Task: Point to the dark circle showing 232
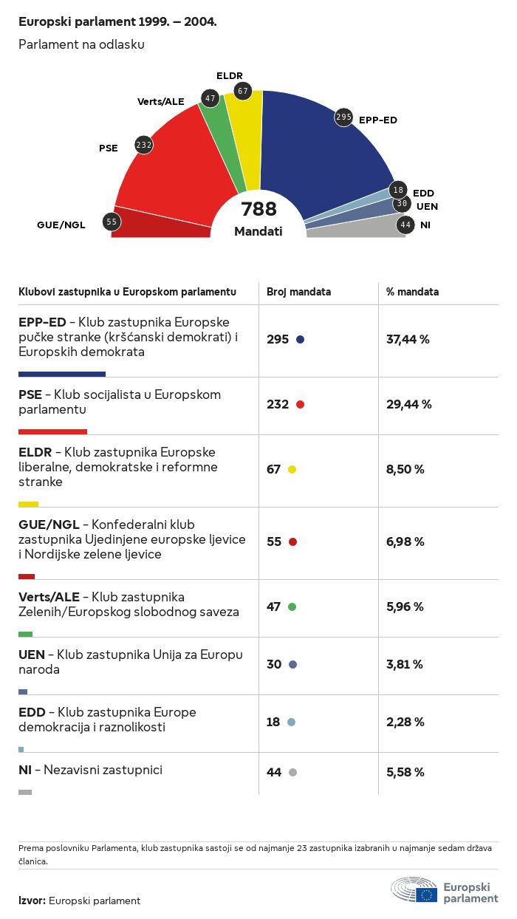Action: pyautogui.click(x=144, y=146)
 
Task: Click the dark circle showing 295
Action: pyautogui.click(x=343, y=117)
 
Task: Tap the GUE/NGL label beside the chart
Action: pyautogui.click(x=61, y=225)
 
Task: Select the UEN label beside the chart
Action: pyautogui.click(x=427, y=206)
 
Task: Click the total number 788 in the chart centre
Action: pyautogui.click(x=258, y=209)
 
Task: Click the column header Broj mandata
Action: pyautogui.click(x=298, y=292)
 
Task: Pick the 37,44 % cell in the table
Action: pyautogui.click(x=408, y=340)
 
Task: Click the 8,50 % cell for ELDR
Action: pyautogui.click(x=405, y=470)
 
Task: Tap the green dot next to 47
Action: pyautogui.click(x=292, y=607)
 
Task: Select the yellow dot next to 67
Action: pyautogui.click(x=292, y=470)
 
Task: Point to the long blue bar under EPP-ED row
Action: pyautogui.click(x=62, y=375)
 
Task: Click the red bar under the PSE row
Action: pyautogui.click(x=52, y=431)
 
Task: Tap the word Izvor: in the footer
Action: pyautogui.click(x=32, y=901)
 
